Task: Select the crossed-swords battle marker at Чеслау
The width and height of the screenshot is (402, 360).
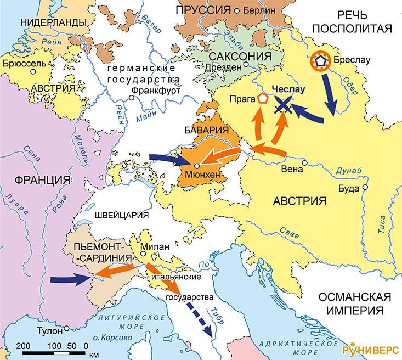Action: (x=283, y=104)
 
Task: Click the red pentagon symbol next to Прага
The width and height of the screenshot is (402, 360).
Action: (x=264, y=99)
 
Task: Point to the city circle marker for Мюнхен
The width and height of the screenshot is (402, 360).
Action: (x=197, y=166)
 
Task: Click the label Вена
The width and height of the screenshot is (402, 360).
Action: (x=291, y=169)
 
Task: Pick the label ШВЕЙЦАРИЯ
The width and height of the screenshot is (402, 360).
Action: (x=121, y=214)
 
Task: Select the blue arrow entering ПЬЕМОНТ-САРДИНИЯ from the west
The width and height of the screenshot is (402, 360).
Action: (x=71, y=279)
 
